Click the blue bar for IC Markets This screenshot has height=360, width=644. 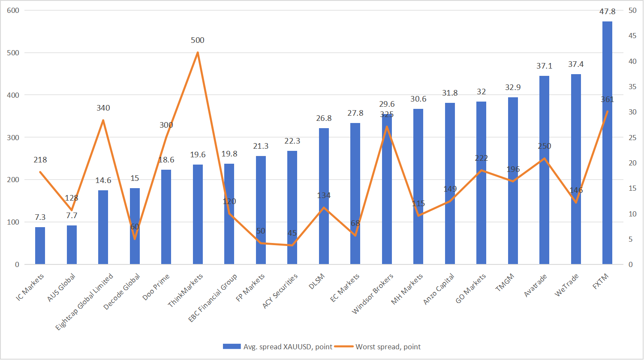[x=40, y=246]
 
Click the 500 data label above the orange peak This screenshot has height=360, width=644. [x=198, y=40]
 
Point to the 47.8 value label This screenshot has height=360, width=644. [x=607, y=12]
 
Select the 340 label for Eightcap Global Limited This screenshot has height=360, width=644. [x=103, y=108]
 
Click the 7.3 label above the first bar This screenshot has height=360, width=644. [x=40, y=219]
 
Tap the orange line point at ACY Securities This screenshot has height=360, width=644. [x=292, y=245]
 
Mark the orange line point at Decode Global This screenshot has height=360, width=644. [x=135, y=239]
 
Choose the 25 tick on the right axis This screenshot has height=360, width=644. [x=632, y=138]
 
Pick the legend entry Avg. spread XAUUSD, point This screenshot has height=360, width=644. [x=277, y=347]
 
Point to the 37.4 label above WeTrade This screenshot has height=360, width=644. [x=576, y=64]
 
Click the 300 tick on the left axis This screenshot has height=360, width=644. [x=14, y=138]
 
